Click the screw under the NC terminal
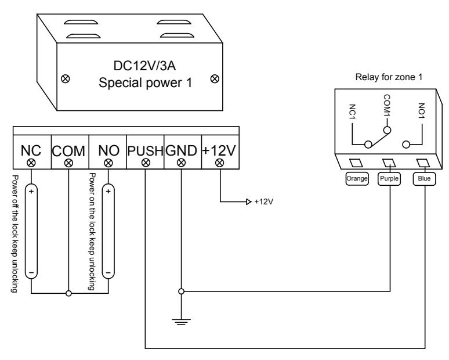(31, 163)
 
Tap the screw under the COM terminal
(68, 163)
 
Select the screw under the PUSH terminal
(146, 163)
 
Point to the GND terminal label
(181, 150)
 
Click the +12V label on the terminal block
(219, 150)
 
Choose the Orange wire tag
(357, 179)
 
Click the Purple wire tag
(389, 179)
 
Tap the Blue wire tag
(424, 179)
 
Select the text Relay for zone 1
(389, 77)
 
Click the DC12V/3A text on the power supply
(144, 66)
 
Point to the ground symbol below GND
(181, 322)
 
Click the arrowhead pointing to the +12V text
(248, 202)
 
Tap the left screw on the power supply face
(66, 78)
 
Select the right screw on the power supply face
(215, 78)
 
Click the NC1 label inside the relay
(353, 112)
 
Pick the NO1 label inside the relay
(422, 111)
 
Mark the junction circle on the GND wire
(181, 291)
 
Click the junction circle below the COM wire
(68, 293)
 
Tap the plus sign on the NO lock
(108, 191)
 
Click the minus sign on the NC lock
(31, 272)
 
